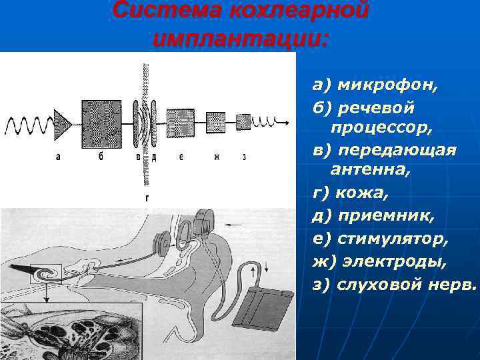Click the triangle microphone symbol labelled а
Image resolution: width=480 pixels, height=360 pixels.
(61, 124)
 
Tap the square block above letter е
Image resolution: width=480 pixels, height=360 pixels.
(180, 123)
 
